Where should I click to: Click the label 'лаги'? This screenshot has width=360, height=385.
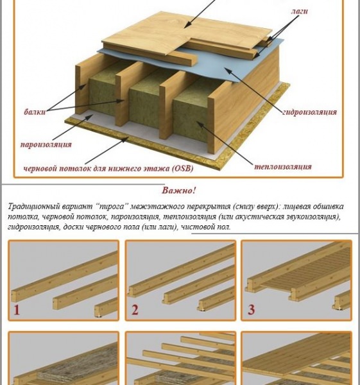299,12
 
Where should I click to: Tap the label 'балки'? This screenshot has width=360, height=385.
35,112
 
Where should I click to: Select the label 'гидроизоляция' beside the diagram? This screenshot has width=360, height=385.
310,112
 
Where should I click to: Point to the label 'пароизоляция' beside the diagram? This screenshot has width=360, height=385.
46,144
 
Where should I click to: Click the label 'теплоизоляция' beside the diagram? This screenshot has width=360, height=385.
282,167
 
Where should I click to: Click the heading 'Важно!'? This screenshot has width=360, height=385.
179,191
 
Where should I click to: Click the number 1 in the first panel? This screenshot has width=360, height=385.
17,310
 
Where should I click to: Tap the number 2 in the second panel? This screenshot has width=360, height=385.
135,310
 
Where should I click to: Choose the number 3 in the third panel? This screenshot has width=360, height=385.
251,310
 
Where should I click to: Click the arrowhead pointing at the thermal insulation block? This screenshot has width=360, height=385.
200,124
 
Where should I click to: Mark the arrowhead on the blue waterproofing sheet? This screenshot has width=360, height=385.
227,71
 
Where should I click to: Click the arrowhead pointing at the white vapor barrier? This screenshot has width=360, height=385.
89,117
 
